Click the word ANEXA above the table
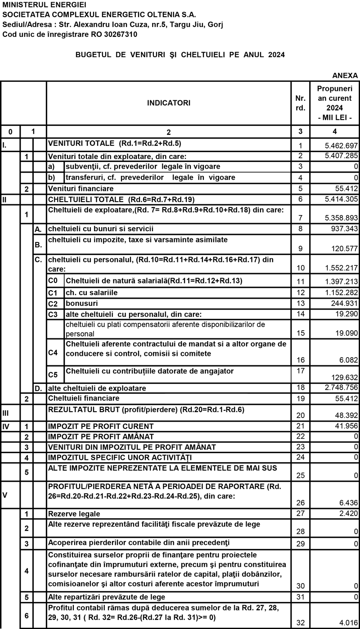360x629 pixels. pyautogui.click(x=345, y=75)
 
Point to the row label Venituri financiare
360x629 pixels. pyautogui.click(x=81, y=188)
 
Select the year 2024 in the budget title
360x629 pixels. pyautogui.click(x=275, y=55)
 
